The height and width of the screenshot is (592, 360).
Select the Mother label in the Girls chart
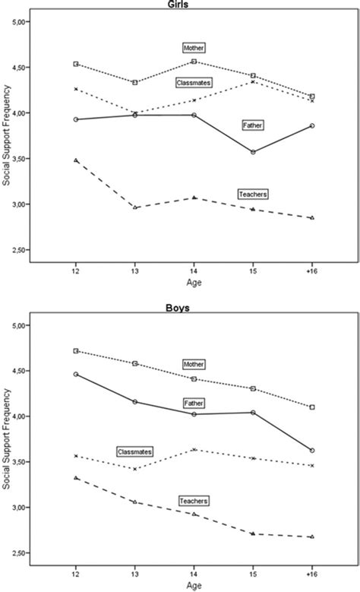[x=194, y=48]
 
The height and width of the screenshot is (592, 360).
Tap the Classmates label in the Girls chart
[x=193, y=81]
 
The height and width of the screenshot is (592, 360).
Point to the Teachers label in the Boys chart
[x=194, y=501]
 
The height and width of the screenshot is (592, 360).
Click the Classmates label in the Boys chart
[x=134, y=451]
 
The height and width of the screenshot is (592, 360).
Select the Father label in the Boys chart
[x=194, y=402]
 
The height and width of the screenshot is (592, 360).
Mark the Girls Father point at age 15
[x=253, y=152]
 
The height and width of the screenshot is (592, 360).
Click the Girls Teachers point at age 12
[x=75, y=160]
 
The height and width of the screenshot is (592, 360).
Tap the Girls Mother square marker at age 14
[x=194, y=62]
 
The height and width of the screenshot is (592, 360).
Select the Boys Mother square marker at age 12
[x=75, y=351]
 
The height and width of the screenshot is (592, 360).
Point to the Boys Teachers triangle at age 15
[x=253, y=533]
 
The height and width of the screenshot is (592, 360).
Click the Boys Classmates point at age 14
[x=194, y=449]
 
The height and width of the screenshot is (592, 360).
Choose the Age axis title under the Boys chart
[x=194, y=585]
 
